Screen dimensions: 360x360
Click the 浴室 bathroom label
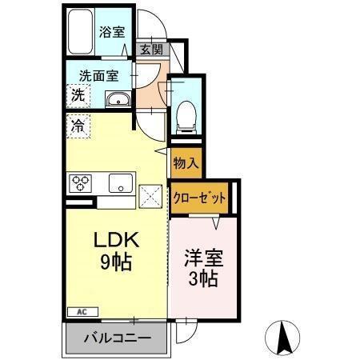(112, 32)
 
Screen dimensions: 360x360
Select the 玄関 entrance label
(150, 50)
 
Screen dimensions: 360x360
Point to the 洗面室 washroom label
(98, 77)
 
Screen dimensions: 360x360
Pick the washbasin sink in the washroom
(118, 99)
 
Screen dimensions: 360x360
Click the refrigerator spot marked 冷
(78, 125)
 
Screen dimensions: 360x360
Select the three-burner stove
(82, 183)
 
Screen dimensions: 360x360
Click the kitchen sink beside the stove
(120, 183)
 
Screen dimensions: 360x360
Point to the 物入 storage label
(186, 163)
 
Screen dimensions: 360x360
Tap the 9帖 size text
(115, 262)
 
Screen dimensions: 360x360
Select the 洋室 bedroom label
(204, 259)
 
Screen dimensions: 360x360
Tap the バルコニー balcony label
(118, 338)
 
